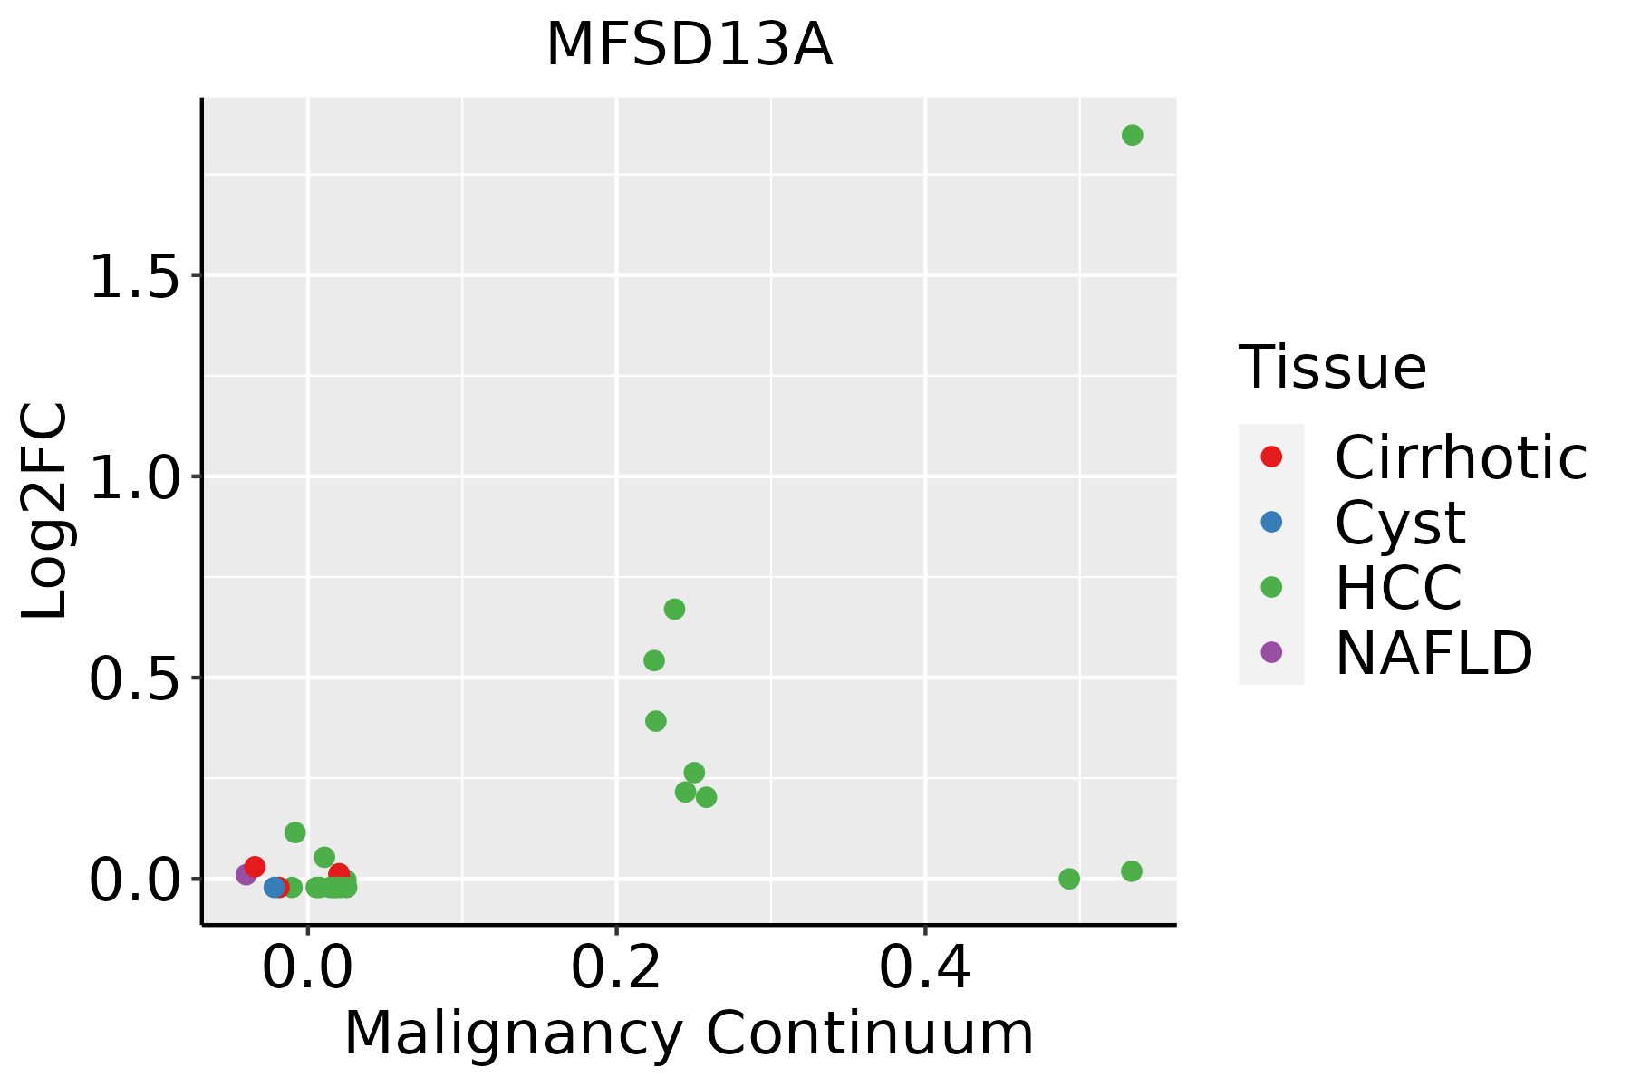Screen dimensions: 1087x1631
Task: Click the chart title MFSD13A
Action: click(x=689, y=45)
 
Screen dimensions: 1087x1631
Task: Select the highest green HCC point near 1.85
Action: click(x=1132, y=135)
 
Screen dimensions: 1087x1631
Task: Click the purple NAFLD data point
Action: click(x=246, y=874)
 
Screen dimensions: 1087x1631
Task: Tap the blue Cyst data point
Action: click(x=275, y=887)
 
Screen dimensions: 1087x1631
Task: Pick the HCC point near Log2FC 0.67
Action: click(x=674, y=609)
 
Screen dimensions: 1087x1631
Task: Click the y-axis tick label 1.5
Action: click(x=133, y=275)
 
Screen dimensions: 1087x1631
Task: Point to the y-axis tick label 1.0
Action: click(x=133, y=476)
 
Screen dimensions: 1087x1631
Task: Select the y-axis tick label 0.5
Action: click(x=133, y=678)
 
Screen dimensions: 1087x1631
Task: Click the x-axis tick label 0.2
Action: click(x=616, y=968)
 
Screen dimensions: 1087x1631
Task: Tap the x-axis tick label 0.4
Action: click(x=925, y=968)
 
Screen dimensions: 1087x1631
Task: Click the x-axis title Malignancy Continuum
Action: click(x=689, y=1034)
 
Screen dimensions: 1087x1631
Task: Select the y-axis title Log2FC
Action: click(x=45, y=511)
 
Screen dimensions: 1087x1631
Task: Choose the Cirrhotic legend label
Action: click(x=1461, y=457)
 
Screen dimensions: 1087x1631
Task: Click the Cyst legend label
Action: click(x=1400, y=523)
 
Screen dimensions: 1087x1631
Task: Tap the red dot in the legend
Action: click(x=1271, y=457)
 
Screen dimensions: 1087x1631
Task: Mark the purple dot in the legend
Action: click(x=1271, y=651)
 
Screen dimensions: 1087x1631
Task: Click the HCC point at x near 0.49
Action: click(x=1069, y=879)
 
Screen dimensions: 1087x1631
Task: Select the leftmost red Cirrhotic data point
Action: click(x=255, y=867)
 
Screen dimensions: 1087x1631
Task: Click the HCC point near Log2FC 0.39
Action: click(x=656, y=721)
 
